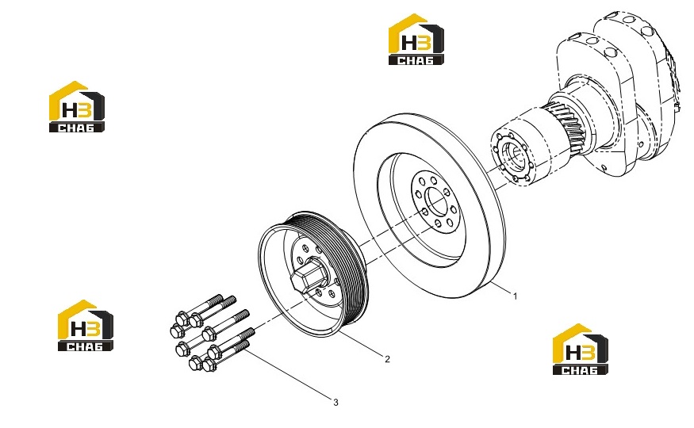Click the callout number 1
pyautogui.click(x=515, y=296)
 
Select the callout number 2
pyautogui.click(x=387, y=359)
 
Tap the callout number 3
pyautogui.click(x=336, y=403)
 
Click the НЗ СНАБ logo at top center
pyautogui.click(x=416, y=40)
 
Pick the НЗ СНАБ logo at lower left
pyautogui.click(x=86, y=326)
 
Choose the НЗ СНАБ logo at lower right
pyautogui.click(x=581, y=350)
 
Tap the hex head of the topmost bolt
pyautogui.click(x=182, y=318)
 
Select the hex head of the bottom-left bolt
pyautogui.click(x=195, y=364)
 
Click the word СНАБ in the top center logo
pyautogui.click(x=416, y=60)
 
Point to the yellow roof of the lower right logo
pyautogui.click(x=571, y=334)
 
